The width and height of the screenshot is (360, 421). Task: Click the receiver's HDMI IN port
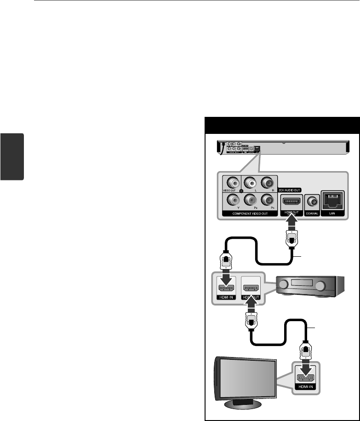pos(226,288)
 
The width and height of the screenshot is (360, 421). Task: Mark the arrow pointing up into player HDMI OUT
pos(291,224)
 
